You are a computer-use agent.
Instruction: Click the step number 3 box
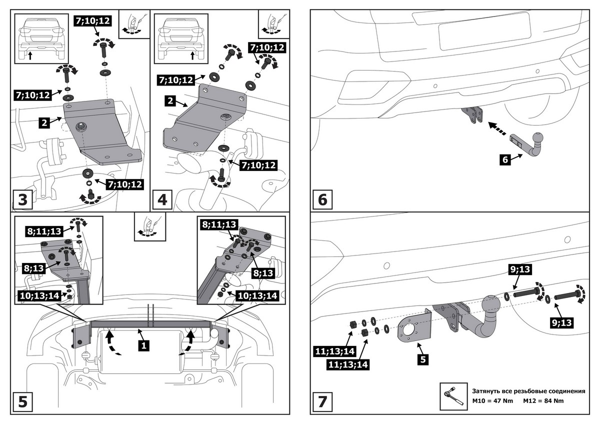[x=22, y=200]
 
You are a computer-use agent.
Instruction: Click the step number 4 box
[x=162, y=200]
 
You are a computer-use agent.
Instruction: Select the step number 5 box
[x=22, y=401]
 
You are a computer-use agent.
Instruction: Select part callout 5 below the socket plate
[x=423, y=358]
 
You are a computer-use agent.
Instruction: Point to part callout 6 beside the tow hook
[x=504, y=159]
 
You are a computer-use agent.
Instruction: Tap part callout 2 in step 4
[x=170, y=101]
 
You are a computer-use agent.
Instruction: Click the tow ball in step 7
[x=492, y=305]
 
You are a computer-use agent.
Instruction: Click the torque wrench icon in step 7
[x=452, y=397]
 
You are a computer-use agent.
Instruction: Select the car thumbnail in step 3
[x=40, y=38]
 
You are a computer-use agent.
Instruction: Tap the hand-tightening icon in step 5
[x=148, y=227]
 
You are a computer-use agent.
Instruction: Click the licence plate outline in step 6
[x=484, y=31]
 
